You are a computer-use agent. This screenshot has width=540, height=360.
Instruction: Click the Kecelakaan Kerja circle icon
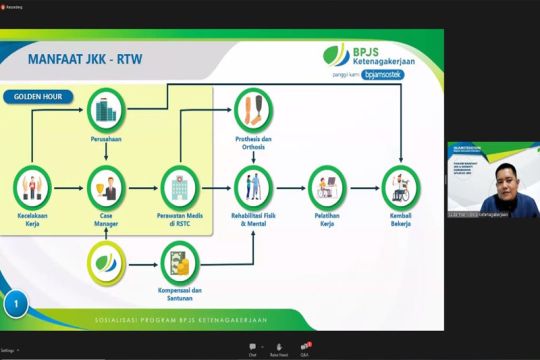[33, 184]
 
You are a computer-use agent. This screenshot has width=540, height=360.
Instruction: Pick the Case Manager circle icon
[105, 184]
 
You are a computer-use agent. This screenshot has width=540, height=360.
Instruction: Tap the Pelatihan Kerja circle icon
[326, 184]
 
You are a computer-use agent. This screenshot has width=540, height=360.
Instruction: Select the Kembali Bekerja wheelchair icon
[400, 184]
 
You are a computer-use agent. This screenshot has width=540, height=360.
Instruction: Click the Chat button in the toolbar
[252, 349]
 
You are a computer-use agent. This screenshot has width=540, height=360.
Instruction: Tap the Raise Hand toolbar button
[279, 349]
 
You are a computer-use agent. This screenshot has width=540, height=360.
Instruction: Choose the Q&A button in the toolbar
[304, 349]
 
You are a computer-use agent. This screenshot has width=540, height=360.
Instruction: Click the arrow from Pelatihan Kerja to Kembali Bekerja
[363, 184]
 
